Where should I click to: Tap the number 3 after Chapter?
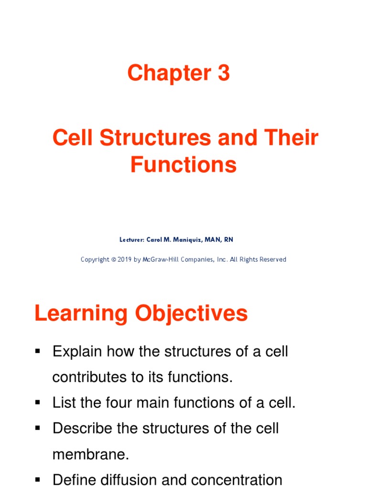[x=223, y=73]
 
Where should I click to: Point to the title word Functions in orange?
[x=183, y=165]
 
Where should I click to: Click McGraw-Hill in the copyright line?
[x=164, y=259]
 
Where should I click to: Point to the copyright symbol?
[x=113, y=259]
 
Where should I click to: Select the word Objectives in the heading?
[x=191, y=314]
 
